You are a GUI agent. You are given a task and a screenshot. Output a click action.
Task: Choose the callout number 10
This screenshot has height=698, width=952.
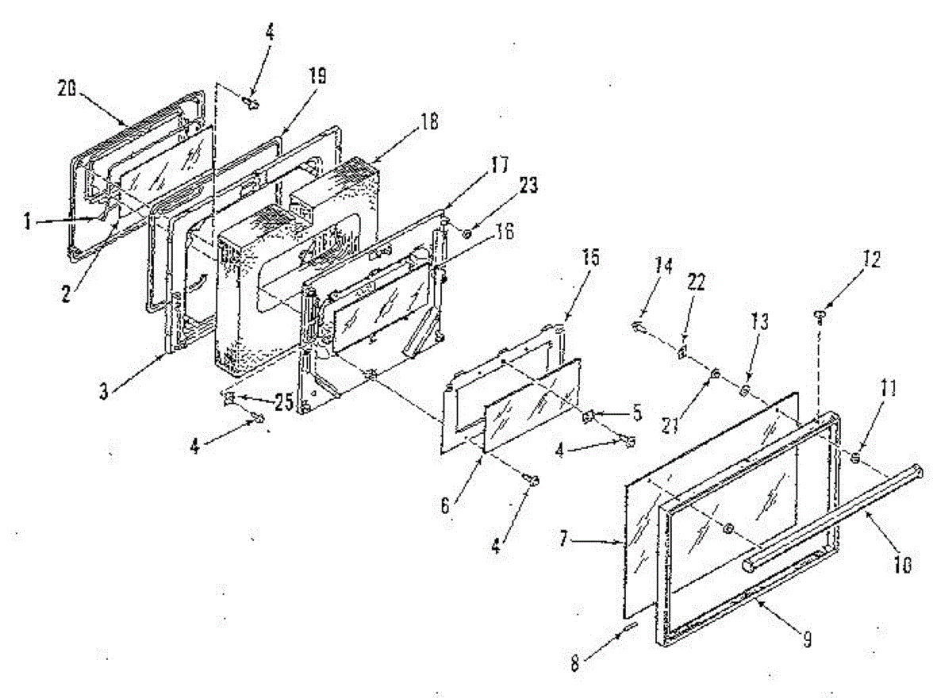[x=904, y=566]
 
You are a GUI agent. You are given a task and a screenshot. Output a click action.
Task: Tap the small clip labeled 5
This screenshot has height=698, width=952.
[x=590, y=416]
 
